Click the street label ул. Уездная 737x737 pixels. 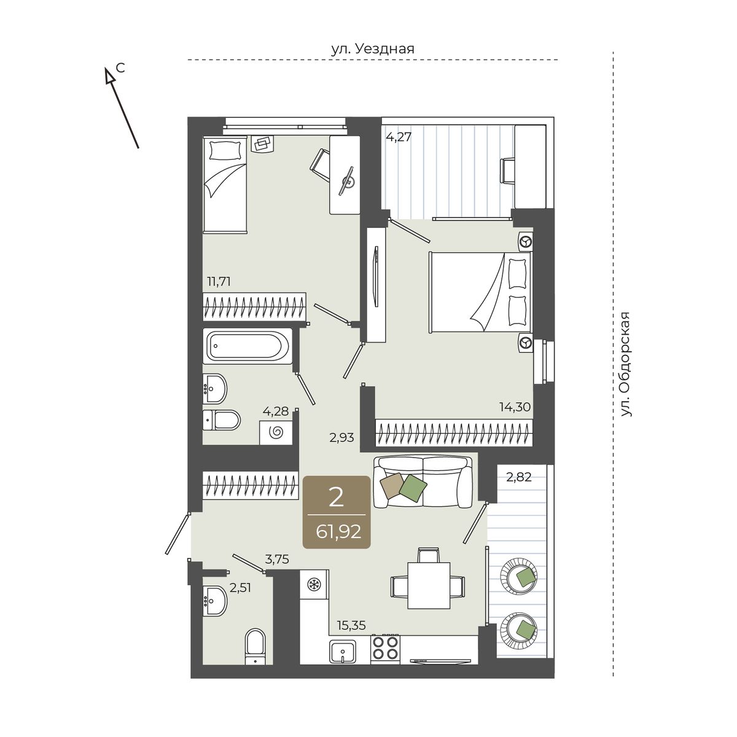373,49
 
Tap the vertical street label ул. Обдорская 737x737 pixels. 625,364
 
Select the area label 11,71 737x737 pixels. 219,282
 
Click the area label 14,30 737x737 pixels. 515,407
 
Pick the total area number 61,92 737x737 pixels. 338,532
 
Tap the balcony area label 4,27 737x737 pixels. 398,137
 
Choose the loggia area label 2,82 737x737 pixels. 518,477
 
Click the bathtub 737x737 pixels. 248,346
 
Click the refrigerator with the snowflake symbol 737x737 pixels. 314,585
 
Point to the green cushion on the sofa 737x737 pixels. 413,488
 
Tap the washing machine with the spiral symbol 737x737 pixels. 276,432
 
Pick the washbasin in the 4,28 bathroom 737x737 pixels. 214,388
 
